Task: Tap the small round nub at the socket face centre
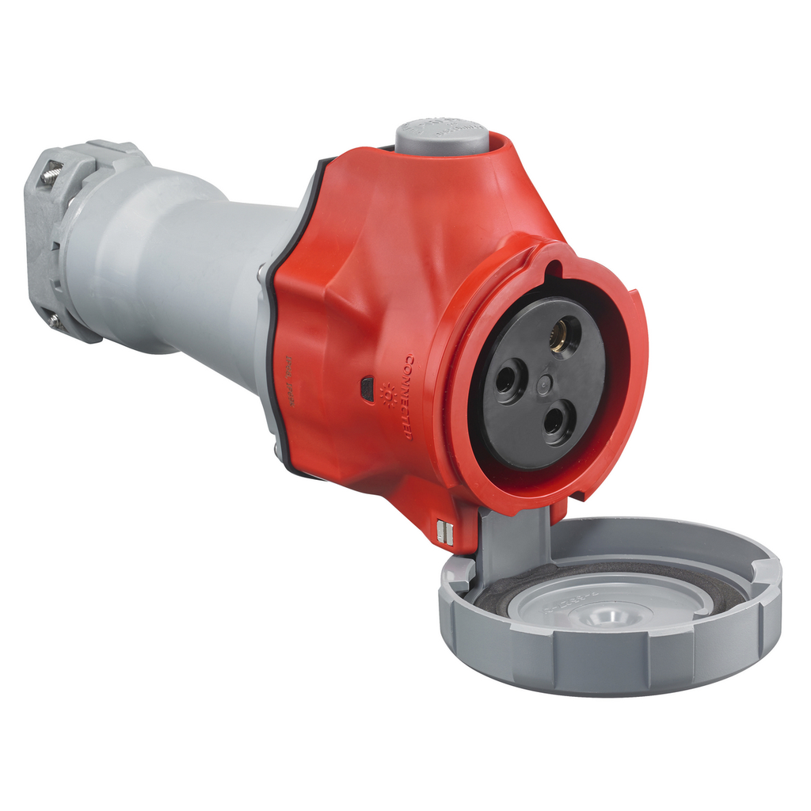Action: [544, 385]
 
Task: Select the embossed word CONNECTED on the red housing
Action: [408, 396]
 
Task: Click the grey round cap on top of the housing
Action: [442, 135]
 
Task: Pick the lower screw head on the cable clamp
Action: [54, 320]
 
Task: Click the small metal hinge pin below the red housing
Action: [445, 533]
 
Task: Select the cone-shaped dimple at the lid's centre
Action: [611, 615]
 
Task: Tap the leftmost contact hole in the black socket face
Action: [507, 379]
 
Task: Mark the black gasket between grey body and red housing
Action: [273, 333]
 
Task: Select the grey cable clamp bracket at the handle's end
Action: [59, 242]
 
